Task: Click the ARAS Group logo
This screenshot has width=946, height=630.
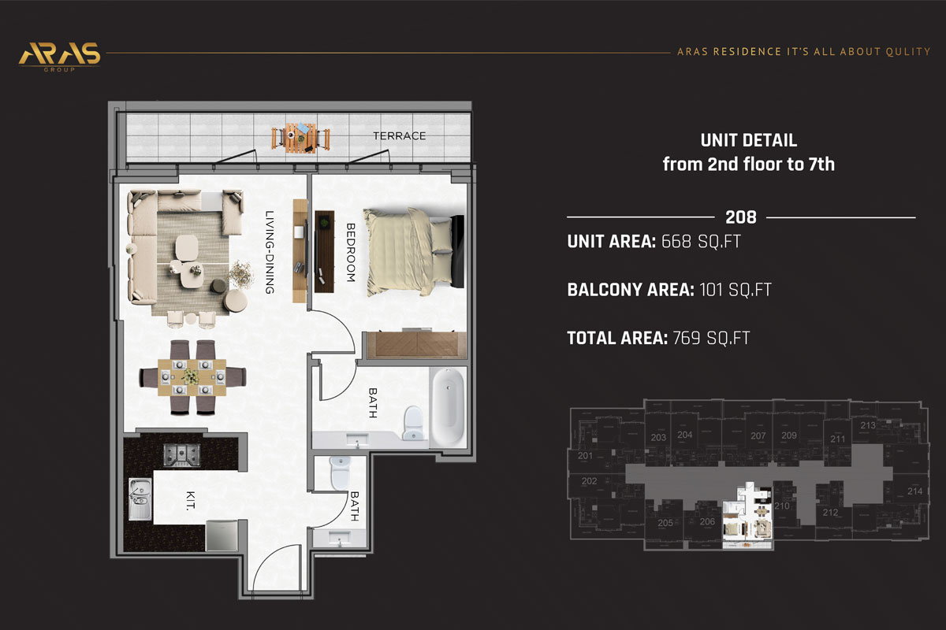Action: (x=59, y=55)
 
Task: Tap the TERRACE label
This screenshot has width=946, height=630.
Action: (x=399, y=136)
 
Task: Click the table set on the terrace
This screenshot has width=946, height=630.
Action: (x=299, y=137)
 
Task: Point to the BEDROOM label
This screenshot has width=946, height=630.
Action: (x=351, y=252)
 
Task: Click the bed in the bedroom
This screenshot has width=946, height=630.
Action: (x=410, y=250)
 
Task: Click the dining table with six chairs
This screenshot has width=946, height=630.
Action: (x=192, y=376)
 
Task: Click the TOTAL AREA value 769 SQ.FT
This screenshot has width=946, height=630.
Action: (x=710, y=339)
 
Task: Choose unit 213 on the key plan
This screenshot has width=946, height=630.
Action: (x=867, y=425)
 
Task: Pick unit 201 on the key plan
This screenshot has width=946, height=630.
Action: (x=585, y=456)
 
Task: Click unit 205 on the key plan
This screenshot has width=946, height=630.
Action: (x=665, y=523)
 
